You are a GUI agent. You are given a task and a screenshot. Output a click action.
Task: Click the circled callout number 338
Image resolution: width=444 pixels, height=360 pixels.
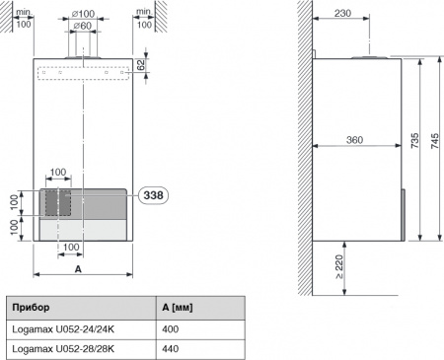point(154,196)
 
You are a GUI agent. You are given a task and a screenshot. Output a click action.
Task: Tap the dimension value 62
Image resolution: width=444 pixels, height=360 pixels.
point(140,65)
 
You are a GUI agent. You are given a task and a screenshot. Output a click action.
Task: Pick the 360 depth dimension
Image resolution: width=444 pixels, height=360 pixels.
point(356,140)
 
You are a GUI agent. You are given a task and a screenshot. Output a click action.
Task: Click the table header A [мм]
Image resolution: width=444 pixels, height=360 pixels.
point(177,308)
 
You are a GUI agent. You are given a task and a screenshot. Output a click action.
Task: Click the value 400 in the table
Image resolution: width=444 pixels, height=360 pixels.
point(170,328)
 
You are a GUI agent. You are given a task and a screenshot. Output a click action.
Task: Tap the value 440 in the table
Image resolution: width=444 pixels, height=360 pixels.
point(170,348)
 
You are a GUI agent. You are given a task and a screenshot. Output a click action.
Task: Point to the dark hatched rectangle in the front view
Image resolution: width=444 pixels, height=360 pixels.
point(57,201)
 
